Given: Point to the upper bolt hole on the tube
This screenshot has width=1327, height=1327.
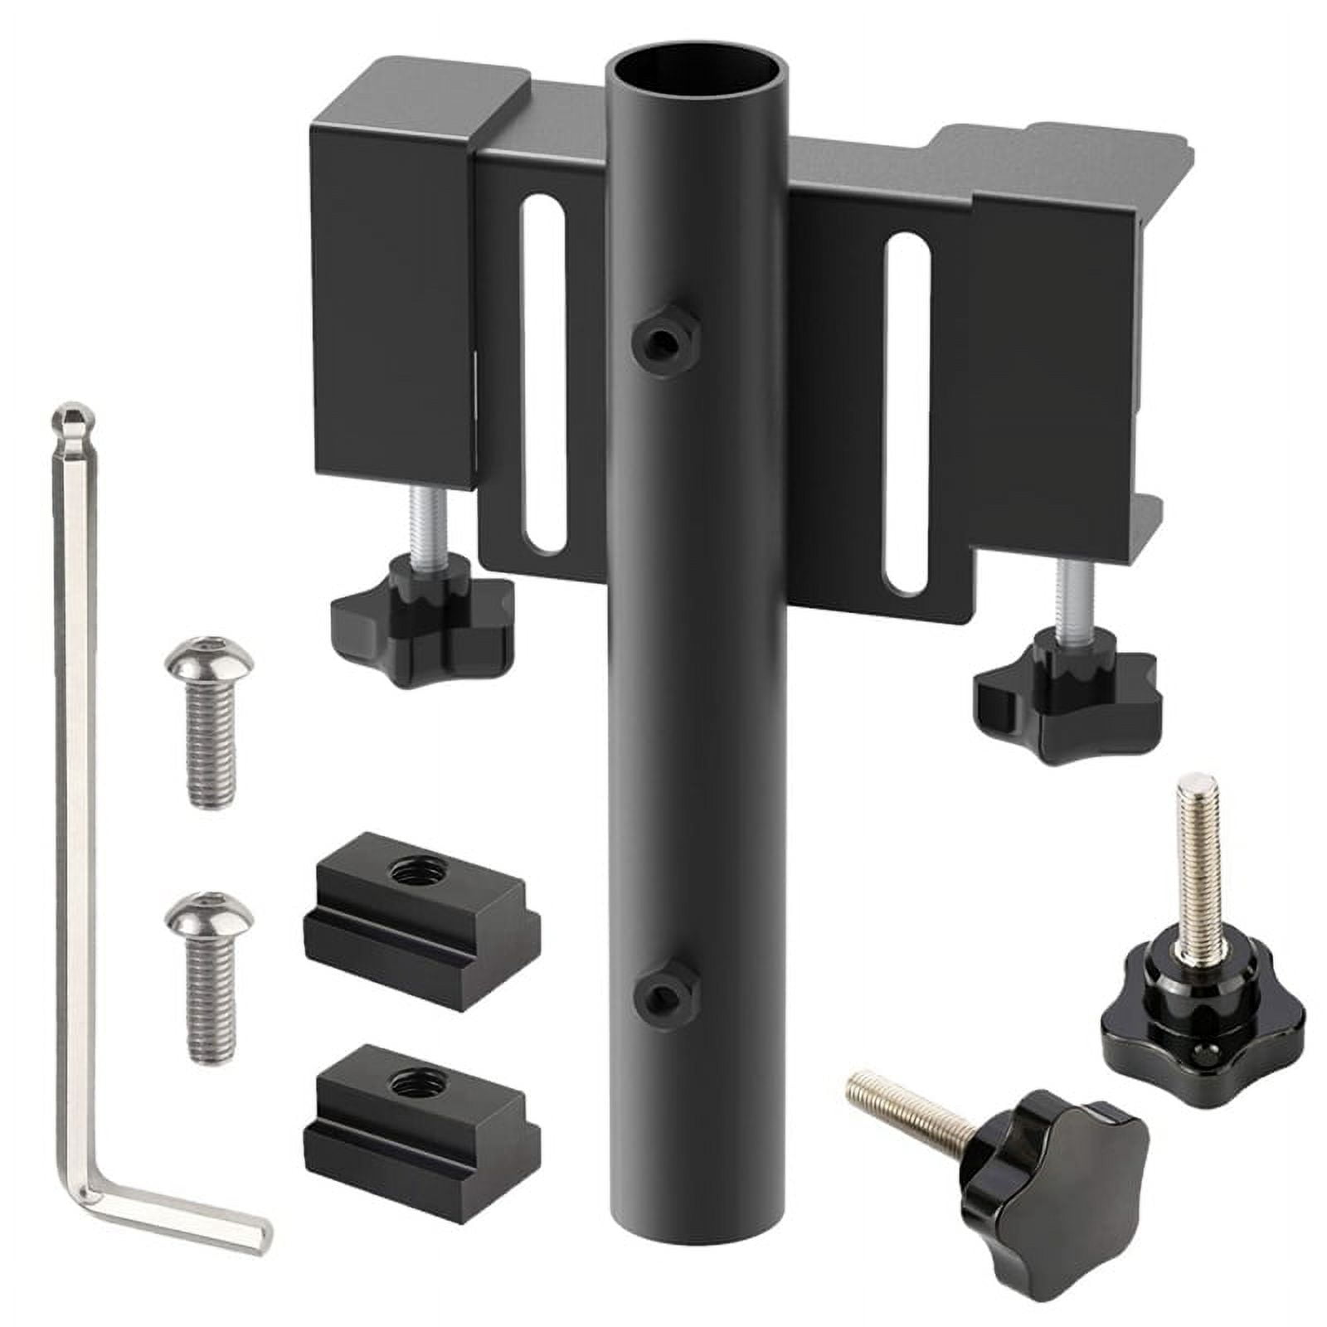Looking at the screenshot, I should pos(661,339).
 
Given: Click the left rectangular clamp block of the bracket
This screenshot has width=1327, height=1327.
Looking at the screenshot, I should pos(390,307).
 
